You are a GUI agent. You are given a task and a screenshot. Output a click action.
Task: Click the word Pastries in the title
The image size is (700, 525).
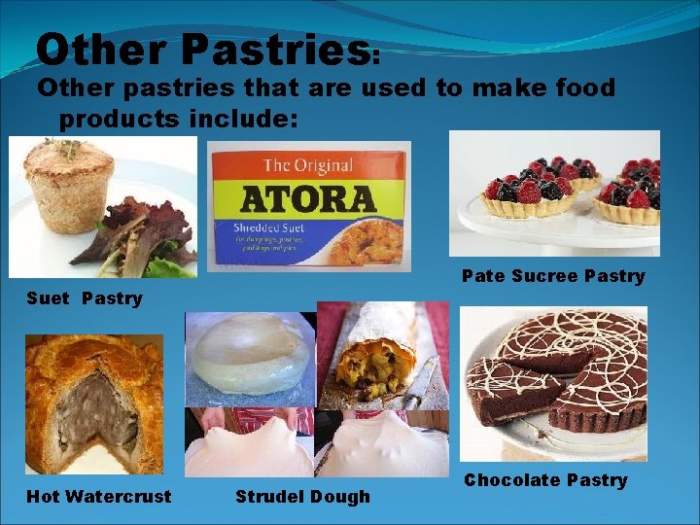coord(271,49)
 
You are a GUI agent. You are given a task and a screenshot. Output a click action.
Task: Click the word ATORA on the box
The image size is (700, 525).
coord(308,197)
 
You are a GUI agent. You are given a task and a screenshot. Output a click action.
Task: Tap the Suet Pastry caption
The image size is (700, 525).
coord(84,298)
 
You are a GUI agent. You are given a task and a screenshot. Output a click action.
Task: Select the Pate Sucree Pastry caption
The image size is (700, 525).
coord(552,276)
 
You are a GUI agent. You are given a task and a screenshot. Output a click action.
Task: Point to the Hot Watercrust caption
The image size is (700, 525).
coord(98,497)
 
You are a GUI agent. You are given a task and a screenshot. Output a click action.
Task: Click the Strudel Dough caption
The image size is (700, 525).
coord(302,497)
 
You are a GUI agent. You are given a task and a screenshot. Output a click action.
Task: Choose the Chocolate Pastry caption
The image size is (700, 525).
coord(545,480)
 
